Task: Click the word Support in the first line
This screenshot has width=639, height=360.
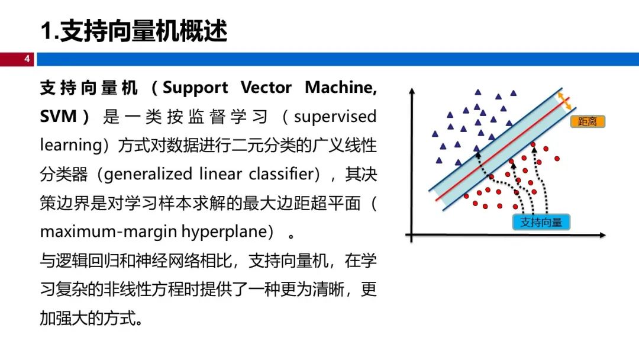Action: click(x=195, y=88)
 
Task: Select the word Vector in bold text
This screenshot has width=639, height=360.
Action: click(x=266, y=88)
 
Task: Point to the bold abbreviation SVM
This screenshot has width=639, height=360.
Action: click(x=58, y=117)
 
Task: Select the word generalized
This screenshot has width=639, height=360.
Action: click(x=148, y=175)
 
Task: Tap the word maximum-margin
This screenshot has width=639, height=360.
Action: click(x=108, y=232)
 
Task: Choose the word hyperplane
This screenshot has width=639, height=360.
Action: click(x=225, y=232)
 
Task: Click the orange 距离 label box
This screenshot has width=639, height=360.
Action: click(x=588, y=121)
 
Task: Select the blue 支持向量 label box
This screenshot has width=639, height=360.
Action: click(x=541, y=222)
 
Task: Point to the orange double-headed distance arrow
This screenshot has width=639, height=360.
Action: click(x=564, y=101)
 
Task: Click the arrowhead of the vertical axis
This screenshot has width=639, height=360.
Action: click(x=412, y=91)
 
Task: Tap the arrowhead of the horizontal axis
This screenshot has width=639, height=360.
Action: click(x=602, y=235)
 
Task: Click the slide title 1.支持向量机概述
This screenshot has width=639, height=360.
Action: click(x=134, y=31)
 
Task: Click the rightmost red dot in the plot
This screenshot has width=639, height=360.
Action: click(x=557, y=159)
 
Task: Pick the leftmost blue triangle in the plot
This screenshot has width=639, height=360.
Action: click(x=435, y=134)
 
